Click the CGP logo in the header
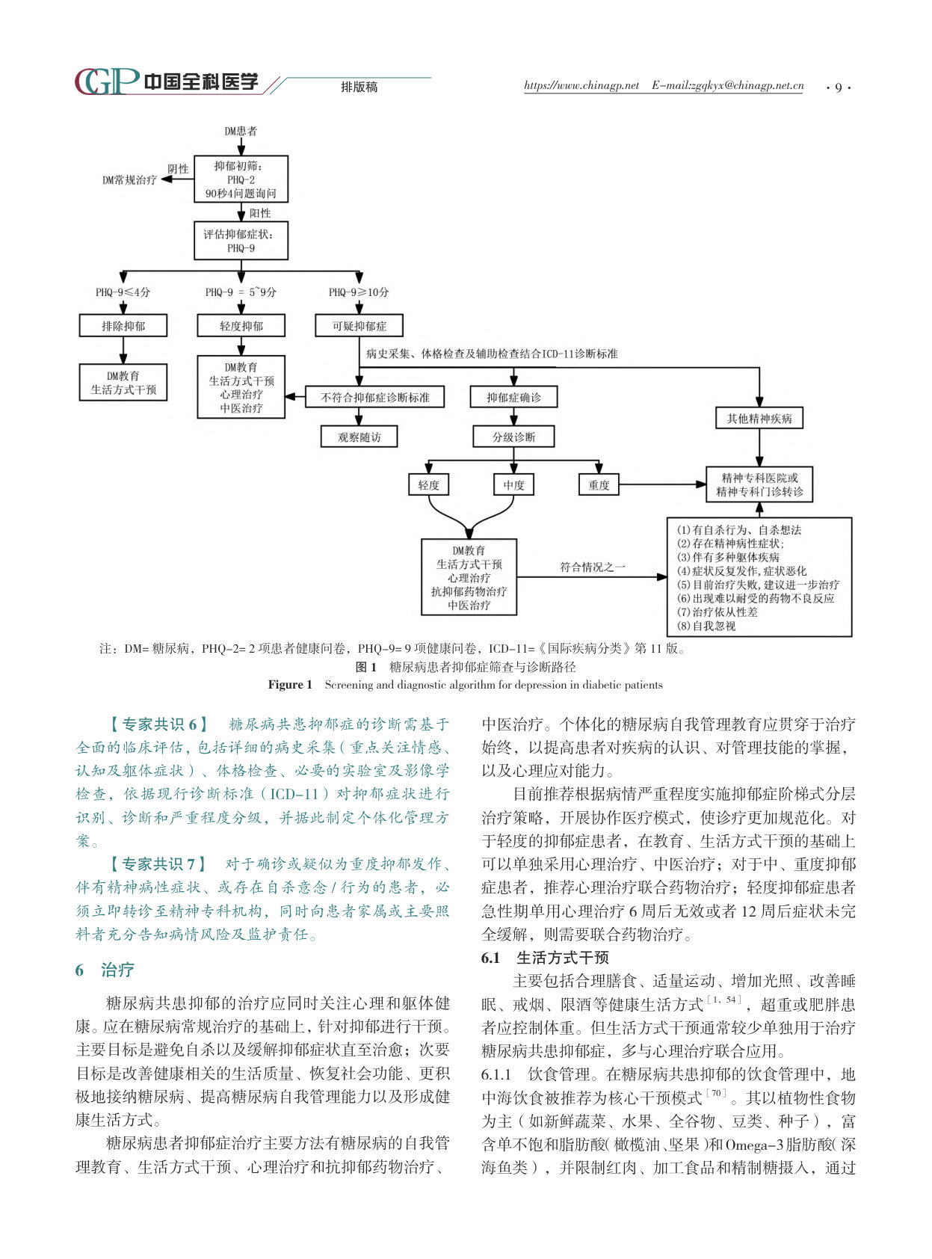click(107, 81)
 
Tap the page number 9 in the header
click(838, 87)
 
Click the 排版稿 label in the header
click(359, 87)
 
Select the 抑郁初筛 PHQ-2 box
click(241, 179)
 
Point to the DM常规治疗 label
click(129, 180)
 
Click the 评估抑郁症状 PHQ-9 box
click(241, 241)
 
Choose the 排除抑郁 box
click(123, 326)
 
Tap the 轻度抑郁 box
click(241, 326)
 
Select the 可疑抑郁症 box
click(359, 326)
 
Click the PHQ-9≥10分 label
click(359, 292)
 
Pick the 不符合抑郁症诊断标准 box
click(374, 397)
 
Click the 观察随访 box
click(359, 437)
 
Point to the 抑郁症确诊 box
click(513, 397)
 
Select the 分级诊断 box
click(513, 437)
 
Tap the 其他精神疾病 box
click(759, 419)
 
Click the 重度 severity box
click(599, 484)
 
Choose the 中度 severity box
click(513, 484)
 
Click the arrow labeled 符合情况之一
click(592, 577)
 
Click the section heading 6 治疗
click(105, 970)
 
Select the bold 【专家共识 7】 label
click(157, 864)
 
